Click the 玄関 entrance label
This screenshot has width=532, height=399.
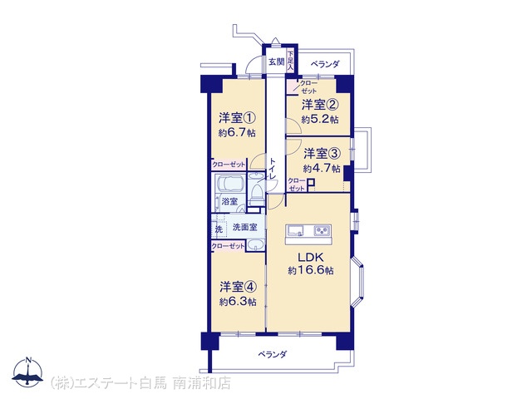(x=276, y=62)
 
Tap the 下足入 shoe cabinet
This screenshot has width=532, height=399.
(x=290, y=61)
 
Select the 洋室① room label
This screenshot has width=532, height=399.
(x=237, y=118)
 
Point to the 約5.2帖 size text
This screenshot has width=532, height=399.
(x=320, y=120)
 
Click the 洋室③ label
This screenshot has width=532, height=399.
(x=322, y=153)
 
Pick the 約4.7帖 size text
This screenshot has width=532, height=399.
(x=322, y=168)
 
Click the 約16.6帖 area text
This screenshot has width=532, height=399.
(x=310, y=270)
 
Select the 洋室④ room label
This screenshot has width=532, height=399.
(x=238, y=287)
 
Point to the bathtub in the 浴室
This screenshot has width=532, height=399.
(x=231, y=185)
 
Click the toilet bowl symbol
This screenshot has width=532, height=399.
(x=256, y=194)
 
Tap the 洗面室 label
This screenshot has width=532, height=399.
(x=244, y=227)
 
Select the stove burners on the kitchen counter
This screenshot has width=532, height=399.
(x=322, y=231)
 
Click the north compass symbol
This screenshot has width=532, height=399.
(x=27, y=372)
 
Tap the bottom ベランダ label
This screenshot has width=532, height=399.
(x=273, y=355)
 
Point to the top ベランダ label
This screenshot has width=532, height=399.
(x=325, y=64)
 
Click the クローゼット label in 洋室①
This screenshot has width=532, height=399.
(x=229, y=165)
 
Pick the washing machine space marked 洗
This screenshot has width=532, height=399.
(x=219, y=229)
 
